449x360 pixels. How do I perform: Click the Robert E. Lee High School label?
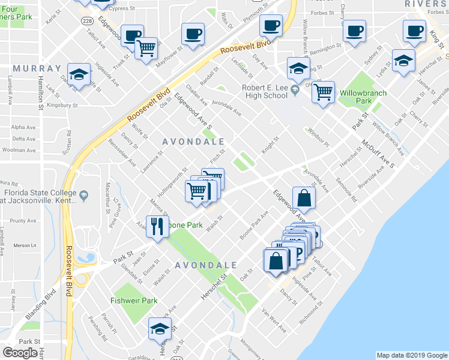tap(265, 91)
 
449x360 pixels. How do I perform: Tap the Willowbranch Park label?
tap(363, 97)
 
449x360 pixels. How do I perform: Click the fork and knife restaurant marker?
tap(158, 227)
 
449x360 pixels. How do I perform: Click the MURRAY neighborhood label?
tap(37, 68)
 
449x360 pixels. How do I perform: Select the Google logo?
tap(20, 353)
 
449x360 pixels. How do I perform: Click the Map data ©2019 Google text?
tap(411, 355)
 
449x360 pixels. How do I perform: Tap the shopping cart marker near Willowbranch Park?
tap(323, 92)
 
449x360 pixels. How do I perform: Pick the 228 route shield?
tap(86, 20)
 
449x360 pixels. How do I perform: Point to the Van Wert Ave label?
tap(274, 322)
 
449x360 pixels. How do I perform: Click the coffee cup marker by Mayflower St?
tap(193, 34)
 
